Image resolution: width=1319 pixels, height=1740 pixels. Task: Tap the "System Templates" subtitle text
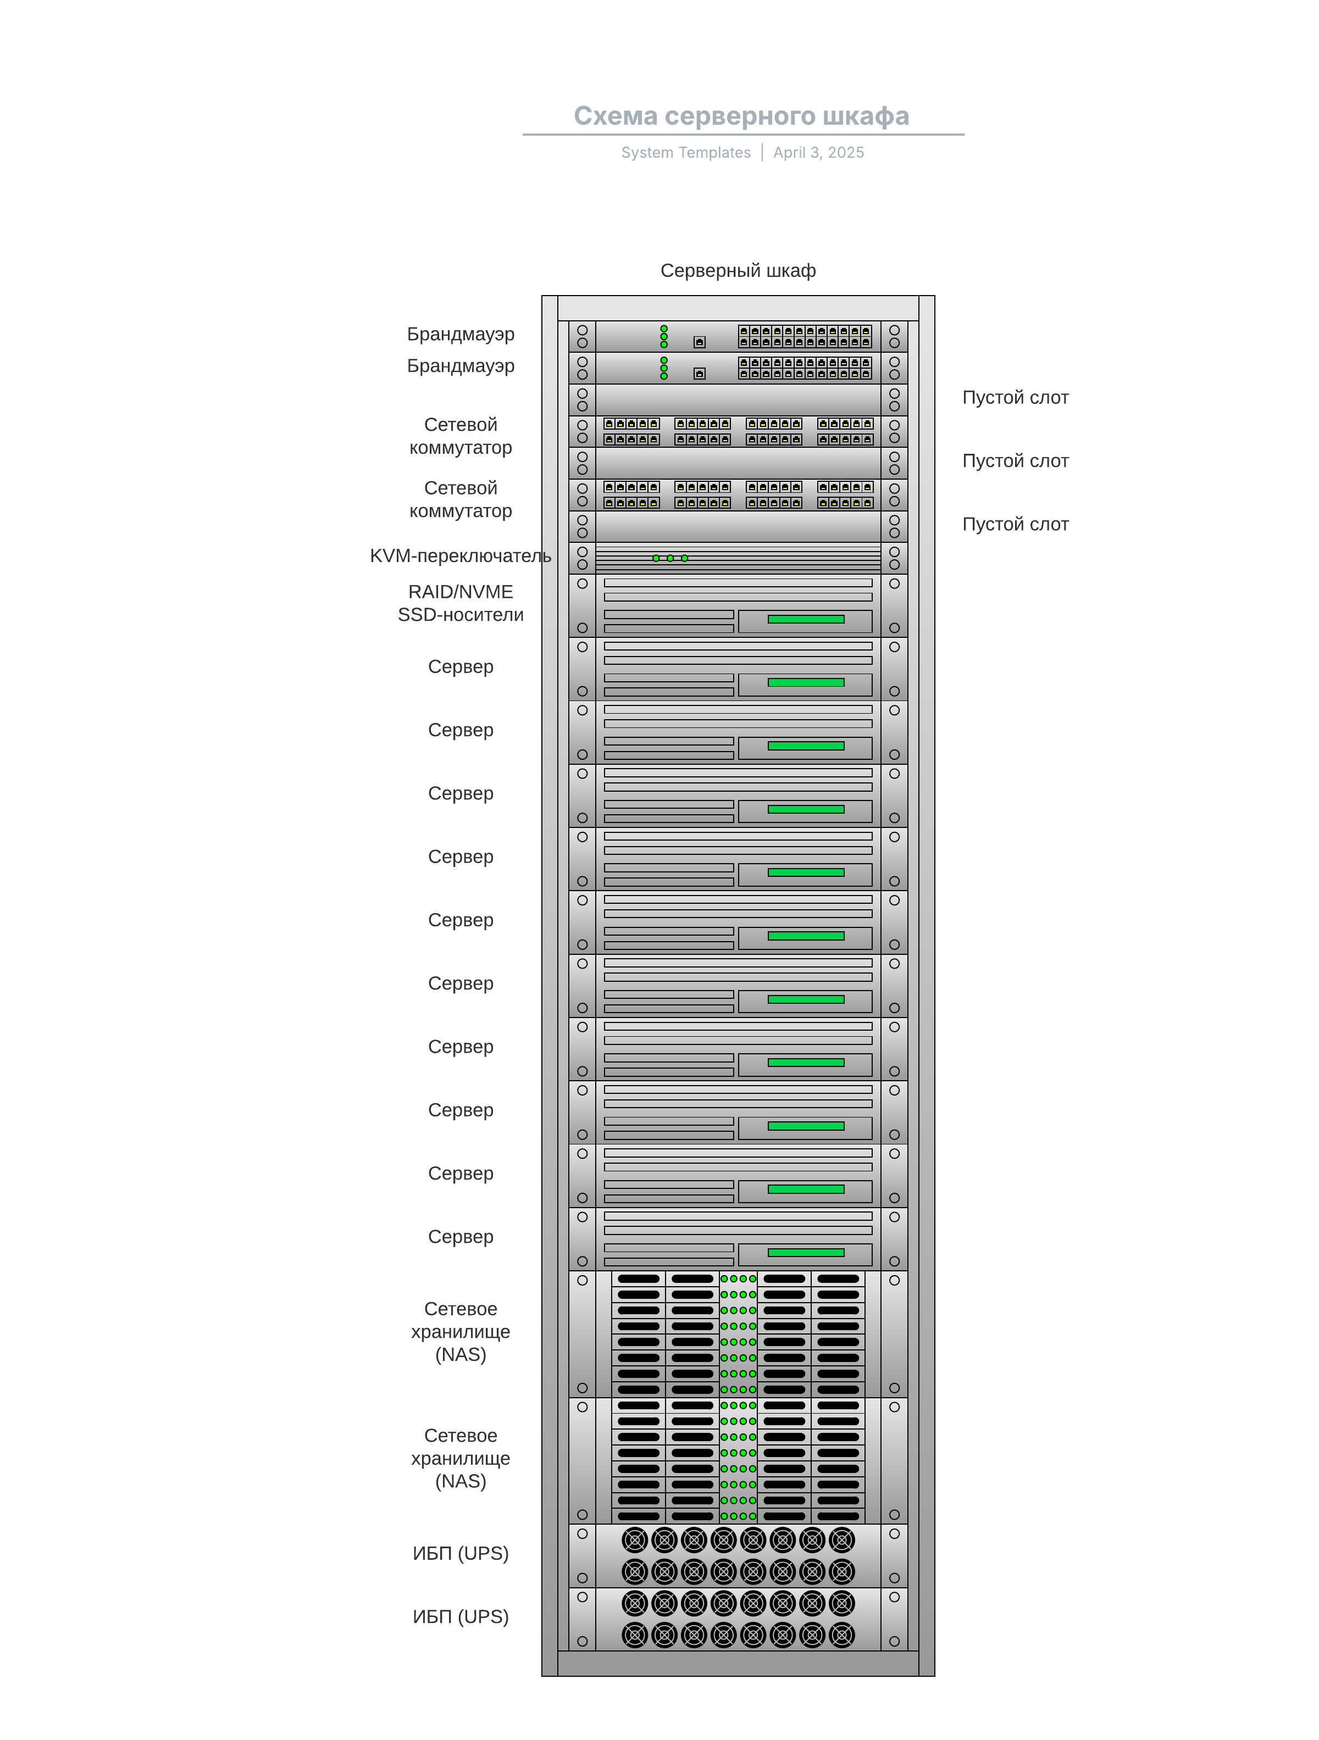(x=685, y=153)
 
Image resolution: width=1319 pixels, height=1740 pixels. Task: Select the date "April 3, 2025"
(x=818, y=153)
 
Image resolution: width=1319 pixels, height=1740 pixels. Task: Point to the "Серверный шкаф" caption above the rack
(x=738, y=271)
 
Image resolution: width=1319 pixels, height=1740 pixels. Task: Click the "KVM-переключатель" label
(x=461, y=556)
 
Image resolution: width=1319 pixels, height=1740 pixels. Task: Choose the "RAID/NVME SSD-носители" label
(x=461, y=603)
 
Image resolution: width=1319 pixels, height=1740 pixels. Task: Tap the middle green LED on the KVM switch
(x=670, y=559)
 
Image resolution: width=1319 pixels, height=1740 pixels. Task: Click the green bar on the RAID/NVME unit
(x=805, y=620)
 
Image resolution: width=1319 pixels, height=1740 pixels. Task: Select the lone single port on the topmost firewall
(x=699, y=342)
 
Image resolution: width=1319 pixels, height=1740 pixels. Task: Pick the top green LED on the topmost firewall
(x=663, y=329)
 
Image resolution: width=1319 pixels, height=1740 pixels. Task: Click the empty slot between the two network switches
(x=738, y=463)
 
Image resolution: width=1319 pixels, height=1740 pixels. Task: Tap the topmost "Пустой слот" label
(x=1015, y=398)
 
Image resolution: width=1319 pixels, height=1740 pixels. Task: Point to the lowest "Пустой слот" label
(x=1015, y=525)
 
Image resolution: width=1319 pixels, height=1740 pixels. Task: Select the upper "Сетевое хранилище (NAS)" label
(x=461, y=1332)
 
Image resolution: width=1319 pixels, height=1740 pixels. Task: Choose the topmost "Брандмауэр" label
(x=461, y=334)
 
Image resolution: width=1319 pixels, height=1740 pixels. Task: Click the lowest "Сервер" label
(x=461, y=1237)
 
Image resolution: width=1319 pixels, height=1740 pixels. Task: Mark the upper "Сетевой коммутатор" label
(x=461, y=436)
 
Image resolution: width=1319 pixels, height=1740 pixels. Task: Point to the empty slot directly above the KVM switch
(x=738, y=526)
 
